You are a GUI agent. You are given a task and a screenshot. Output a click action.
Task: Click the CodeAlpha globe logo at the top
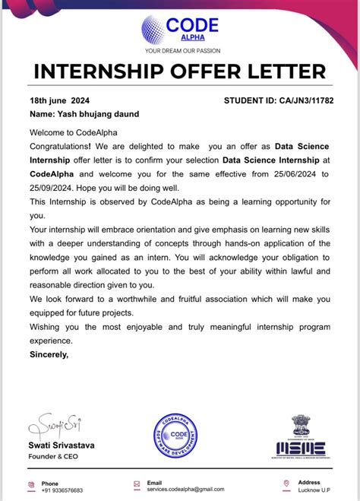[157, 29]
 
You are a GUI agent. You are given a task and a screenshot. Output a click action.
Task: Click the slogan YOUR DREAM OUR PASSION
[179, 52]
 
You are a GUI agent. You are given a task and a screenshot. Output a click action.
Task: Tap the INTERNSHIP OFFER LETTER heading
[180, 73]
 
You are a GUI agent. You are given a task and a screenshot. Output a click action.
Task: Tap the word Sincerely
[49, 354]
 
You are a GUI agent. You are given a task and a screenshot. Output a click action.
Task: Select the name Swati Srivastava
[62, 446]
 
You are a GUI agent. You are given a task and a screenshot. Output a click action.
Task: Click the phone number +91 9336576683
[62, 490]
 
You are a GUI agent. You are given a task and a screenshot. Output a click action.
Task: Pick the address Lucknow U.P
[314, 490]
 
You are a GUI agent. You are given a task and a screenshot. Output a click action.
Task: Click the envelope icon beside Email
[135, 484]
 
